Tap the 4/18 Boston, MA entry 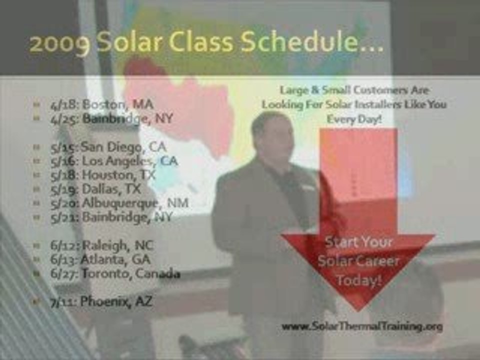pyautogui.click(x=101, y=105)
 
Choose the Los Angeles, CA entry pyautogui.click(x=114, y=161)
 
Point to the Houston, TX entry pyautogui.click(x=103, y=175)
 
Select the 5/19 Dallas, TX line pyautogui.click(x=95, y=189)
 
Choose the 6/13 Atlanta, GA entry pyautogui.click(x=100, y=259)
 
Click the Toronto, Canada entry pyautogui.click(x=115, y=274)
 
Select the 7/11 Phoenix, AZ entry pyautogui.click(x=101, y=302)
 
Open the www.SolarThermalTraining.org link pyautogui.click(x=362, y=326)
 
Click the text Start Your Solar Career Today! pyautogui.click(x=358, y=261)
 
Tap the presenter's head pyautogui.click(x=271, y=132)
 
